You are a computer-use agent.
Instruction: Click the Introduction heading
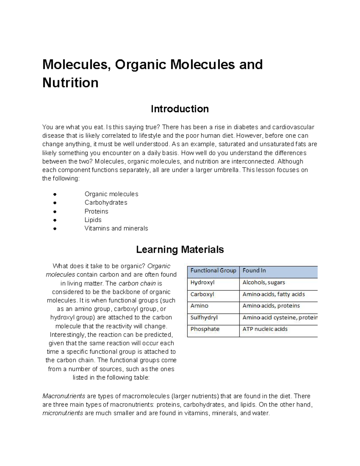[x=180, y=109]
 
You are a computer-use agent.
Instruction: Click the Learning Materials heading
[x=180, y=250]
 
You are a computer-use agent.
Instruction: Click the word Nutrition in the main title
[x=70, y=83]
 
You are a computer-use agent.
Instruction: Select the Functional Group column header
[x=213, y=271]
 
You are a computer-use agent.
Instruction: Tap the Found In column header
[x=254, y=271]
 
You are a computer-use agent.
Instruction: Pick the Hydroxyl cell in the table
[x=202, y=283]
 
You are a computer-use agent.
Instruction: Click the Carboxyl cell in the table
[x=202, y=294]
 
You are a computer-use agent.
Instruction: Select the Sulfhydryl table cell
[x=204, y=317]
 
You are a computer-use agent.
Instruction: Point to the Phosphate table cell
[x=205, y=329]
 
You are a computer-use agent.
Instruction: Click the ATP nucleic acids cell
[x=265, y=329]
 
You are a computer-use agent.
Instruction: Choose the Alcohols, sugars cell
[x=264, y=283]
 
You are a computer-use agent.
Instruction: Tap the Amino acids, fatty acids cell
[x=274, y=294]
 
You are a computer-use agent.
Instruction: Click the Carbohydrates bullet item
[x=106, y=203]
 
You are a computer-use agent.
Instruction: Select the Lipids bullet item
[x=93, y=220]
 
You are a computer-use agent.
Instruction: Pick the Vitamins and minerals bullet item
[x=116, y=228]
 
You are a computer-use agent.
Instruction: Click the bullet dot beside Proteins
[x=55, y=212]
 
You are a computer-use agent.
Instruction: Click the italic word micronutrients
[x=63, y=413]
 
